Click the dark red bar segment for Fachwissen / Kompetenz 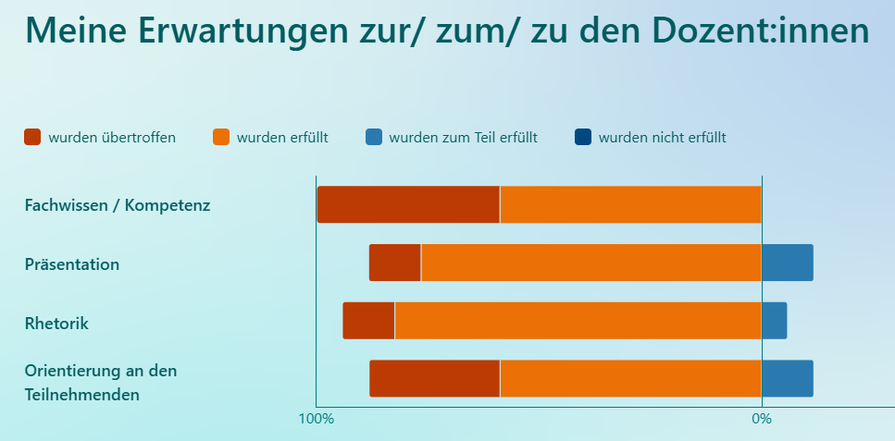[408, 204]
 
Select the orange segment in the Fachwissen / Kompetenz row [630, 204]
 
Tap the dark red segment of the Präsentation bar [395, 263]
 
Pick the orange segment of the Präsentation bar [590, 263]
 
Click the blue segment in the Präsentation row [787, 263]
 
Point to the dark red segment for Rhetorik [368, 321]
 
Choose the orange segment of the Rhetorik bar [578, 321]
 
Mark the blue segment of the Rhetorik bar [774, 321]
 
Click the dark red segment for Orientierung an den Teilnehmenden [434, 378]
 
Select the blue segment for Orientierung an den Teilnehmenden [787, 378]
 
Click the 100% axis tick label [316, 419]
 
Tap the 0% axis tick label [761, 419]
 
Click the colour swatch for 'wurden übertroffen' [32, 137]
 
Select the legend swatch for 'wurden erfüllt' [221, 137]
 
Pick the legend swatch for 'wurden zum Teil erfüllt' [374, 137]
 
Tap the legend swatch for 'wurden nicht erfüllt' [583, 137]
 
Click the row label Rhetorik [56, 324]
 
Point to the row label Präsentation [72, 264]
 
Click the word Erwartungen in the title [230, 31]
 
